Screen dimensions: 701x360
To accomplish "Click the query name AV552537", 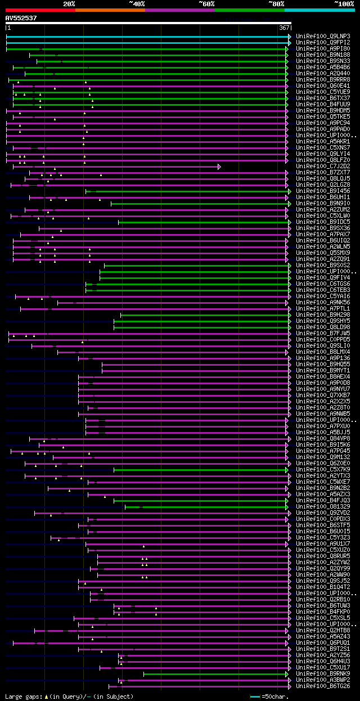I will [x=21, y=18].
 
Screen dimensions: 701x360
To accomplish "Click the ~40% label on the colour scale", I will [x=137, y=3].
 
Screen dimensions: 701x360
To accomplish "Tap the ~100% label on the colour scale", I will [x=344, y=3].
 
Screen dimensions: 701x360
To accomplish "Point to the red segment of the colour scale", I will [x=40, y=10].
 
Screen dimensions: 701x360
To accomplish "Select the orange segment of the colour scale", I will [x=110, y=10].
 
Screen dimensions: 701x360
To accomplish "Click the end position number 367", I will [x=284, y=28].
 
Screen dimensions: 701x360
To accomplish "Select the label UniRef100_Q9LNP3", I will [x=323, y=37].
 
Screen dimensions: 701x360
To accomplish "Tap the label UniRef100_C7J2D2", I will [x=323, y=167].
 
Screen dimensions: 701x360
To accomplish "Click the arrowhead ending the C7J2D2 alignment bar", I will [x=219, y=167].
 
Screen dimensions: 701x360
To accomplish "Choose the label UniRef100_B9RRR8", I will [x=323, y=80].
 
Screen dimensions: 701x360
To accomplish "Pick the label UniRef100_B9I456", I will [x=323, y=191].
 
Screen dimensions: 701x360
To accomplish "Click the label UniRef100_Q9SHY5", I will [x=323, y=321].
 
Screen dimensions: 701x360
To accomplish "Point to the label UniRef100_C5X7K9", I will [x=323, y=470].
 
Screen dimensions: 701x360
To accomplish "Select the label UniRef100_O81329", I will [x=323, y=507].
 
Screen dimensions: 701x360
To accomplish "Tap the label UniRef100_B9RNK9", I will [x=323, y=674].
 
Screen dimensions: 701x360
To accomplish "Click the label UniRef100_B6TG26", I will [x=323, y=686].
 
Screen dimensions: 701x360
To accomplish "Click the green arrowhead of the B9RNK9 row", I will [x=287, y=674].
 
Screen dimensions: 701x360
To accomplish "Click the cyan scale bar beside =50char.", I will [x=255, y=696].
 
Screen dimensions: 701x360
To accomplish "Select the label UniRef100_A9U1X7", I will [x=323, y=544].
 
